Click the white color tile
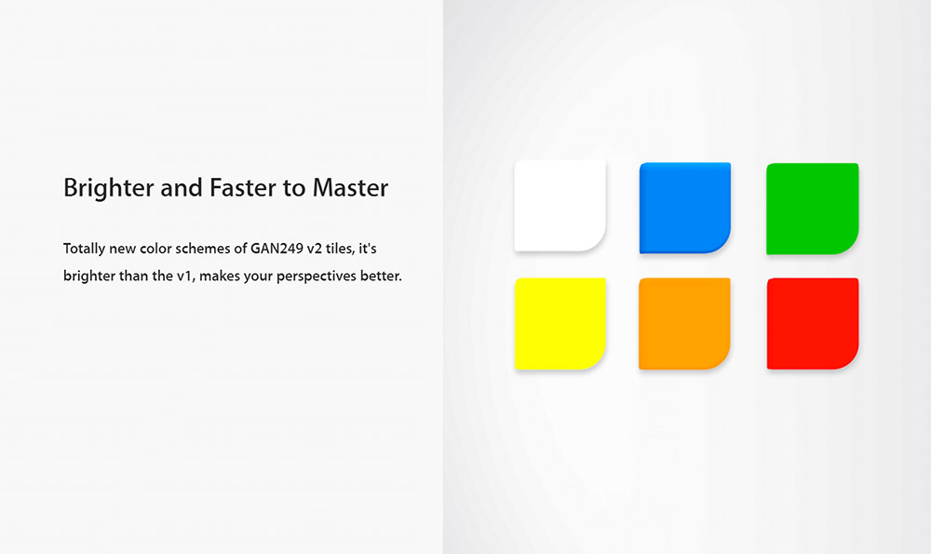[560, 206]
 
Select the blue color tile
[685, 208]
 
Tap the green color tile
[812, 209]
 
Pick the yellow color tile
[560, 324]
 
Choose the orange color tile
[684, 324]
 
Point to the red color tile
[813, 324]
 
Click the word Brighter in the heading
[109, 189]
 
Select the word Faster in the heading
[243, 188]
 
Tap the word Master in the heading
[350, 188]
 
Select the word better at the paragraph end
[381, 277]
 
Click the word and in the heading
[182, 188]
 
